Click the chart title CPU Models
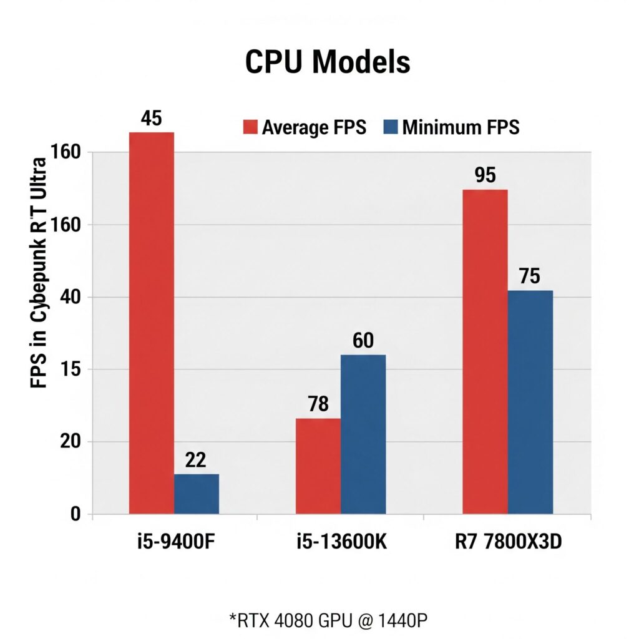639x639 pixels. pyautogui.click(x=327, y=62)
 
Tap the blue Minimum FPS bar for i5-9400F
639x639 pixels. pyautogui.click(x=197, y=494)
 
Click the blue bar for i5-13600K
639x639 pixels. pyautogui.click(x=363, y=434)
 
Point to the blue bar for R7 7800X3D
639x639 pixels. pyautogui.click(x=530, y=402)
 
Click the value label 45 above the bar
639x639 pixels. pyautogui.click(x=152, y=119)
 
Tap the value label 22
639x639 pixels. pyautogui.click(x=196, y=461)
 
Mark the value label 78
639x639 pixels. pyautogui.click(x=318, y=404)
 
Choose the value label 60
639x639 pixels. pyautogui.click(x=363, y=341)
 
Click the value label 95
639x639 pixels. pyautogui.click(x=485, y=175)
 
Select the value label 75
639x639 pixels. pyautogui.click(x=529, y=276)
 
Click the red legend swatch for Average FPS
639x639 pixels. pyautogui.click(x=250, y=128)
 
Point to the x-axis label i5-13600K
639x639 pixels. pyautogui.click(x=342, y=542)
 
